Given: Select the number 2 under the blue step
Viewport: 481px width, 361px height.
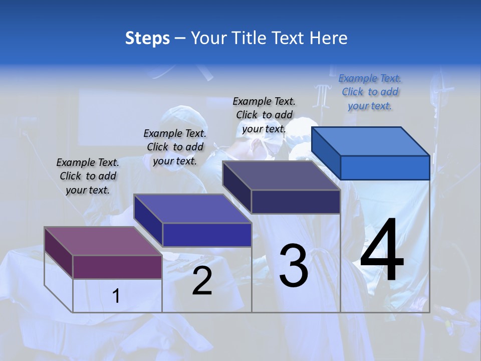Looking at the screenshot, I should (202, 281).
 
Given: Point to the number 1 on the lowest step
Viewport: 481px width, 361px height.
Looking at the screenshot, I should (116, 296).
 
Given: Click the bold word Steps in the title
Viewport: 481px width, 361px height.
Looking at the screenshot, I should (147, 38).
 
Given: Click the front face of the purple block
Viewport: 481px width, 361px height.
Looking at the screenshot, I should (117, 267).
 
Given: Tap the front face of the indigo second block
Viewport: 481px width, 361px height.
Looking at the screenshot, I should (207, 235).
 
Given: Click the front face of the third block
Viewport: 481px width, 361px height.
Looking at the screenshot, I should (296, 202).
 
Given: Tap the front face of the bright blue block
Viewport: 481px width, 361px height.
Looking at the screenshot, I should (385, 167).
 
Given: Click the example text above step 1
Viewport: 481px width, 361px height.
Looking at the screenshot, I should (88, 176).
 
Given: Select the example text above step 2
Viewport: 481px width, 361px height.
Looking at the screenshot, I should (175, 147).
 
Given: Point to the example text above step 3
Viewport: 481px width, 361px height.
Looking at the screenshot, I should (264, 115).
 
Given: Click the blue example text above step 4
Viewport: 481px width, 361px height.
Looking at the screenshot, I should (370, 92).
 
